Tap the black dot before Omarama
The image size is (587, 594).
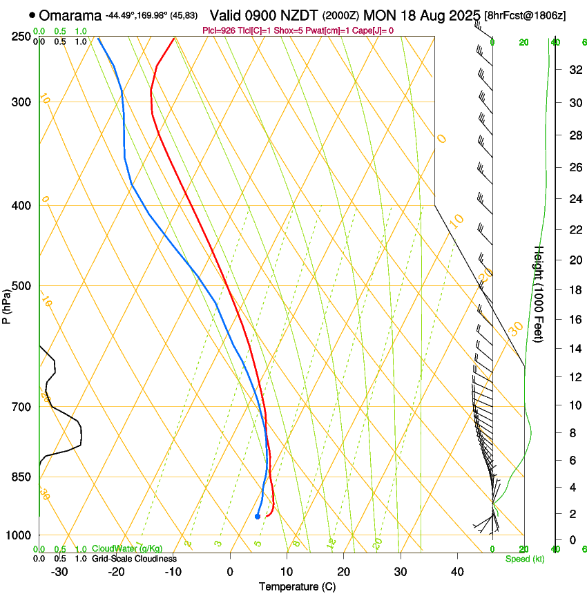[32, 15]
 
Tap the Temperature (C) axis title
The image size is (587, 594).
[297, 586]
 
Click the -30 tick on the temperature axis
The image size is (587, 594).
[59, 572]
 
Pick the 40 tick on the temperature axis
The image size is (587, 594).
[457, 572]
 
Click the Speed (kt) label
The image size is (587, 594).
[524, 559]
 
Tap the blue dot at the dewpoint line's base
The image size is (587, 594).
[258, 516]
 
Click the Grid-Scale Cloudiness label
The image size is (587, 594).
[134, 559]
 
